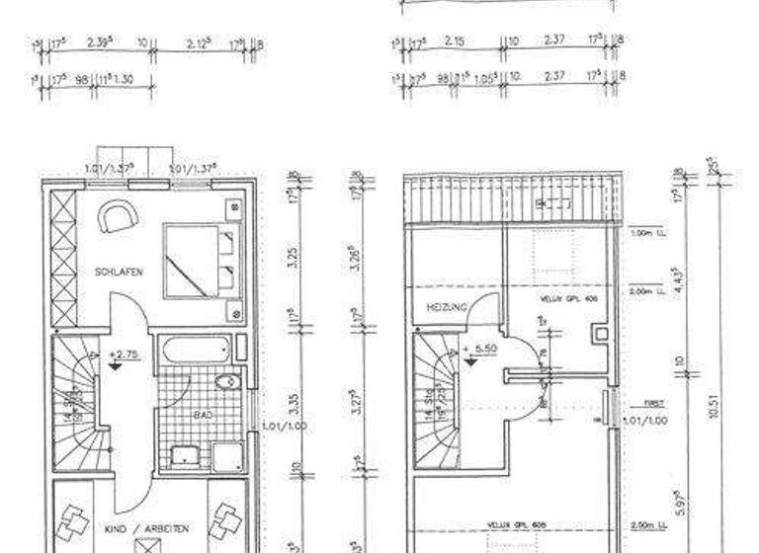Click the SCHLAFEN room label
[115, 271]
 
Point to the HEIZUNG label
[446, 308]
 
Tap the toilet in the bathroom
[226, 381]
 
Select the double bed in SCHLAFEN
[203, 261]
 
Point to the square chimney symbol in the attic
[601, 333]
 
